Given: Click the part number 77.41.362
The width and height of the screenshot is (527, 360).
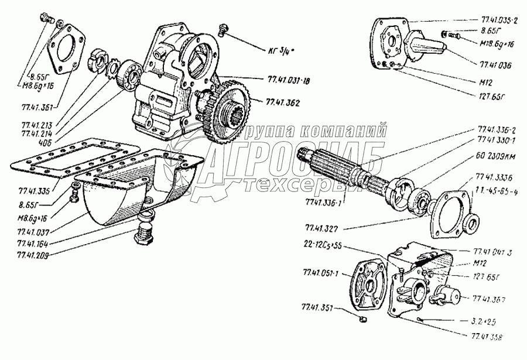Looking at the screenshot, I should tap(283, 102).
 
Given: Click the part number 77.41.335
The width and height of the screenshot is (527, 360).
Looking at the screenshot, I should tap(34, 191).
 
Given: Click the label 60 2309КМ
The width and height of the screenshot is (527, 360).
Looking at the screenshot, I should tap(494, 157).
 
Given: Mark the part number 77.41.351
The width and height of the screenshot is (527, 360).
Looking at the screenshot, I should tap(317, 306).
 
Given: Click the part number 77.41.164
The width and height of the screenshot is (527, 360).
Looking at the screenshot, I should tap(33, 243).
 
